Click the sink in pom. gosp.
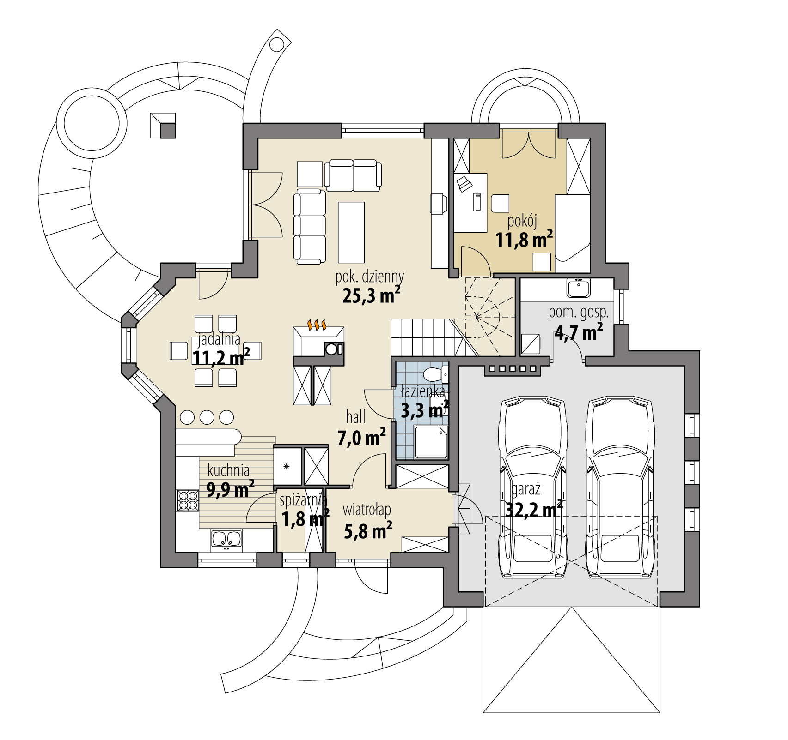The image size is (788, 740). [x=577, y=289]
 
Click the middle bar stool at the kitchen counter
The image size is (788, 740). [x=207, y=417]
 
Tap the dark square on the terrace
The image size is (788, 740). [x=168, y=131]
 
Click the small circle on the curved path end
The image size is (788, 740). [x=277, y=44]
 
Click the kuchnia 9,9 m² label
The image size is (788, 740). [x=230, y=481]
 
